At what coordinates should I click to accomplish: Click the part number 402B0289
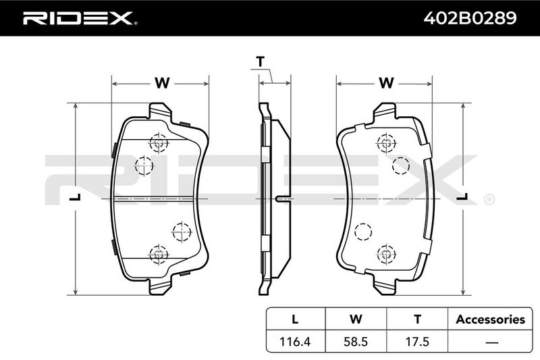pos(470,18)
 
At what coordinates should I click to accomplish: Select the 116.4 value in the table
pos(295,341)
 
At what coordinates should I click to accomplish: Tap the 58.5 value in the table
pos(356,341)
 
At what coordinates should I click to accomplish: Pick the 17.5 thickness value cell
pos(417,341)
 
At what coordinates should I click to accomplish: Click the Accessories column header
pos(491,319)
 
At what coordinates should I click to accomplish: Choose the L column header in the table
pos(295,319)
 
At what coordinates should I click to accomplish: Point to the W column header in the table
pos(356,319)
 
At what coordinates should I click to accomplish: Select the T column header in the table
pos(417,319)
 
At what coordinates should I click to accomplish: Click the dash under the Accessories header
pos(491,342)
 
